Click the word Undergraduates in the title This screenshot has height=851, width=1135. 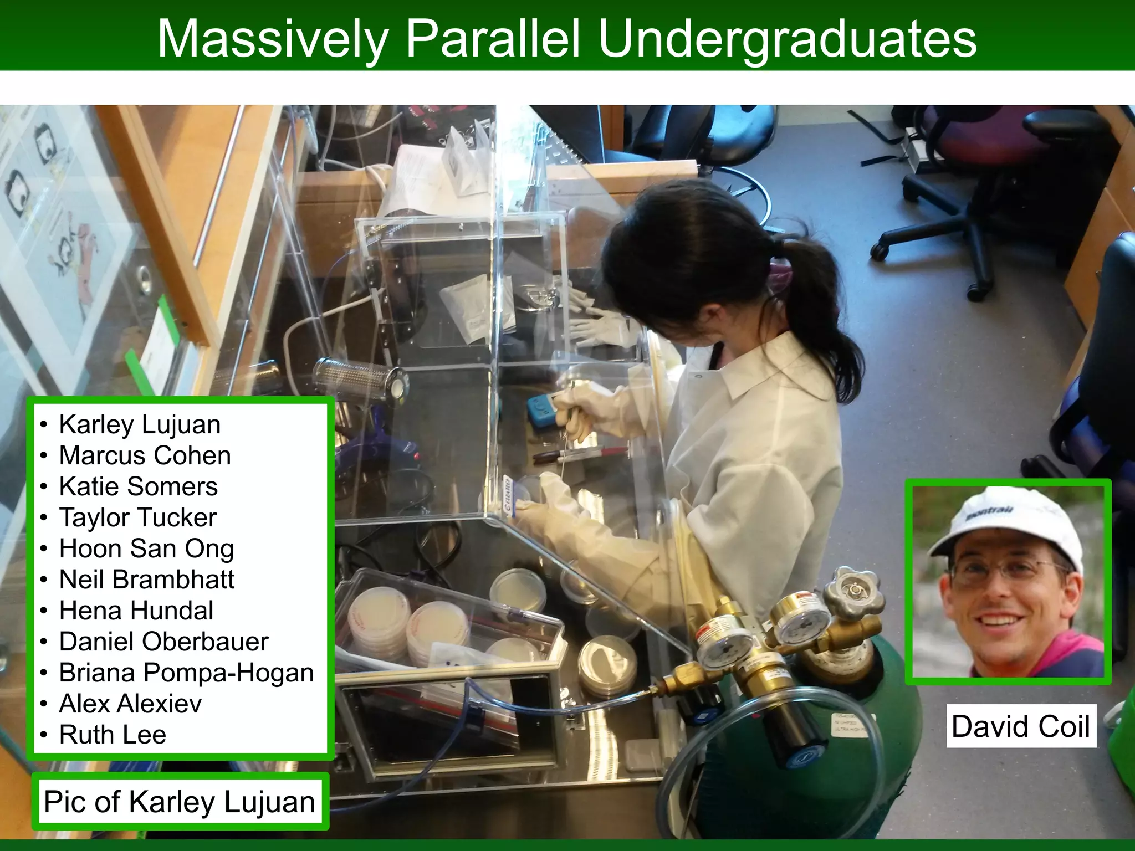pos(787,39)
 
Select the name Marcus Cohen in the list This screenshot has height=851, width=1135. pos(145,455)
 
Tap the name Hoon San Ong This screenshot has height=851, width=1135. pos(146,548)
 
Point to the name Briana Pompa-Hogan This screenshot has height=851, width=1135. pos(186,673)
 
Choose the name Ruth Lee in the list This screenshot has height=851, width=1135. pos(113,735)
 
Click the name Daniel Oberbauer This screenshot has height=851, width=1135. pos(163,642)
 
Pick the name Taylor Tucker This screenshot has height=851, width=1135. pos(138,517)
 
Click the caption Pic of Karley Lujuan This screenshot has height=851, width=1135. pos(180,802)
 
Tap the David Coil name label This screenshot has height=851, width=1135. pos(1021,726)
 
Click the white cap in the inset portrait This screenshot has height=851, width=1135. pos(1006,521)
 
